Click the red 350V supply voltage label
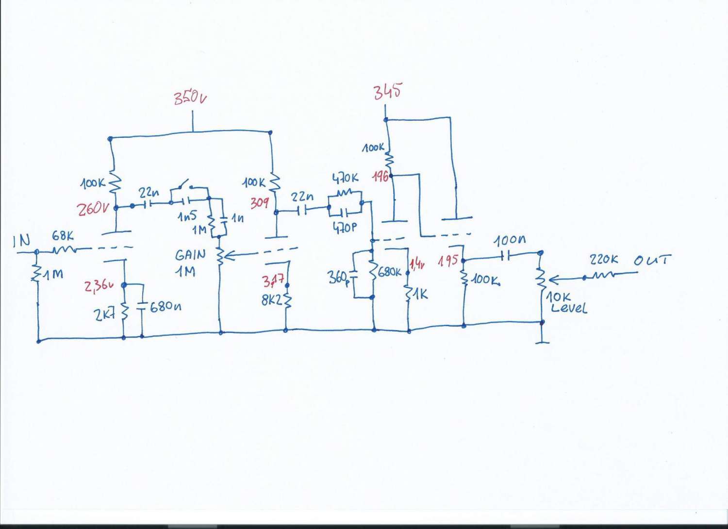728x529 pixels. click(190, 98)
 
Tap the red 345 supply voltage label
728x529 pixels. click(387, 91)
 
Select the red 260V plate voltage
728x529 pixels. click(93, 209)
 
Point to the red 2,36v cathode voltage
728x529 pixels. click(99, 285)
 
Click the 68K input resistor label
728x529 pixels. click(63, 236)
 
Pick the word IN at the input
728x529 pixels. click(21, 241)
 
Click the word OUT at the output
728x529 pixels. click(652, 260)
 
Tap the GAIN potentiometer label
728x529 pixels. click(190, 255)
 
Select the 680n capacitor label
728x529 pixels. click(165, 307)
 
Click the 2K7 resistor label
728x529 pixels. click(104, 315)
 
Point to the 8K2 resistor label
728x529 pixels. click(271, 300)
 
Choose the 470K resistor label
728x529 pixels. click(345, 179)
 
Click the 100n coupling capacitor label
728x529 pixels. click(510, 240)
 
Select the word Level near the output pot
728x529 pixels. click(568, 308)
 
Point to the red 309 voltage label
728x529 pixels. click(259, 203)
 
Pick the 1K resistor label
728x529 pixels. click(420, 294)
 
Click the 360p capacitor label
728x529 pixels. click(338, 278)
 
